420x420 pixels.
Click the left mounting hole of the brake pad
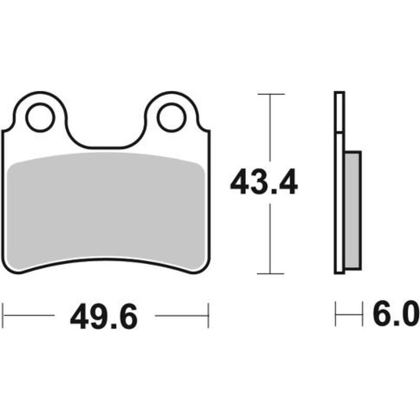point(40,118)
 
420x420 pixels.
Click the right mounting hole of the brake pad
point(171,118)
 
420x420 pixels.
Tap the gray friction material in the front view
point(105,210)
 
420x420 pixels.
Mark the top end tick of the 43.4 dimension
point(270,94)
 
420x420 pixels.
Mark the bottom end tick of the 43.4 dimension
point(270,274)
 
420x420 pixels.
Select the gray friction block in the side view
point(353,210)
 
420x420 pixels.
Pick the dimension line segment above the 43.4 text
point(270,129)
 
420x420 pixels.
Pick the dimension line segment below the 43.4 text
point(270,239)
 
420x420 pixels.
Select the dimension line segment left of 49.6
point(29,316)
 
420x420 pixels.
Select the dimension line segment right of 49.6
point(181,316)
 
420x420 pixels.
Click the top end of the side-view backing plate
point(339,93)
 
